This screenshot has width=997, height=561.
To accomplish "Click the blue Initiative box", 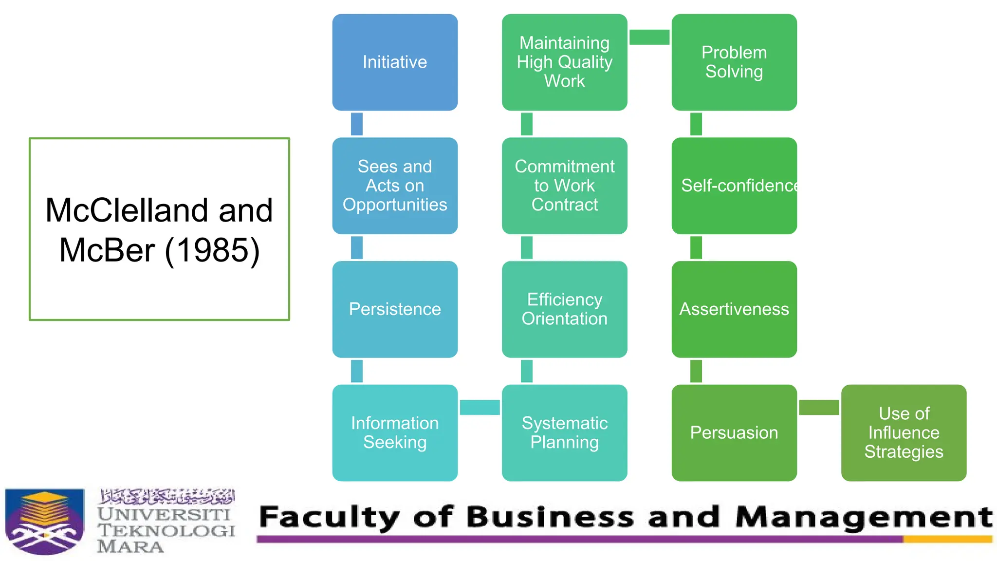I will pyautogui.click(x=395, y=62).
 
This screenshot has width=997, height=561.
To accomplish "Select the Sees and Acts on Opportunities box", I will pyautogui.click(x=395, y=186).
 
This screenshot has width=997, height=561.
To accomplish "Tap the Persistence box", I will pyautogui.click(x=395, y=309).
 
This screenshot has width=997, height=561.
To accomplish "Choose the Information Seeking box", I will pyautogui.click(x=395, y=432).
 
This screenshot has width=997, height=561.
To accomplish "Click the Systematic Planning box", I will pyautogui.click(x=564, y=432).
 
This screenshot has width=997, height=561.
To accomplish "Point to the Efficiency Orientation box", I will pyautogui.click(x=564, y=309).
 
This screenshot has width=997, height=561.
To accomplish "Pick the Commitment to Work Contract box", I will pyautogui.click(x=564, y=186).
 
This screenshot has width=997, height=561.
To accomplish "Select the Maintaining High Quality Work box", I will pyautogui.click(x=564, y=62).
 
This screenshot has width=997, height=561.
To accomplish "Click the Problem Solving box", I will pyautogui.click(x=734, y=62).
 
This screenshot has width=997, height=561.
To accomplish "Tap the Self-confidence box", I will pyautogui.click(x=734, y=186).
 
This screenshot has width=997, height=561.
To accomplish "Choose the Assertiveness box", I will pyautogui.click(x=734, y=309).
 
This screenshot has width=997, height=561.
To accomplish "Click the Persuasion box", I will pyautogui.click(x=734, y=432).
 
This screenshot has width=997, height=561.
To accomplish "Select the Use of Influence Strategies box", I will pyautogui.click(x=904, y=432).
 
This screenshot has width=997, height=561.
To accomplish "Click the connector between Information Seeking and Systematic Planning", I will pyautogui.click(x=480, y=407).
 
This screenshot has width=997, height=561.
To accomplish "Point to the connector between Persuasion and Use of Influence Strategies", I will pyautogui.click(x=819, y=407).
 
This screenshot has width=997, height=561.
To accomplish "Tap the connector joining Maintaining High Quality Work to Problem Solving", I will pyautogui.click(x=649, y=37).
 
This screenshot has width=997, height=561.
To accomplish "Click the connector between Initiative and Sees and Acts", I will pyautogui.click(x=357, y=124).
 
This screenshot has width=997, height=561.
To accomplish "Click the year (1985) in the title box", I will pyautogui.click(x=212, y=250).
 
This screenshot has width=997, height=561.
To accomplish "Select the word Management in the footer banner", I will pyautogui.click(x=864, y=517).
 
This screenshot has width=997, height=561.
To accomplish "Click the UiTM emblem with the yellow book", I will pyautogui.click(x=45, y=521).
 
